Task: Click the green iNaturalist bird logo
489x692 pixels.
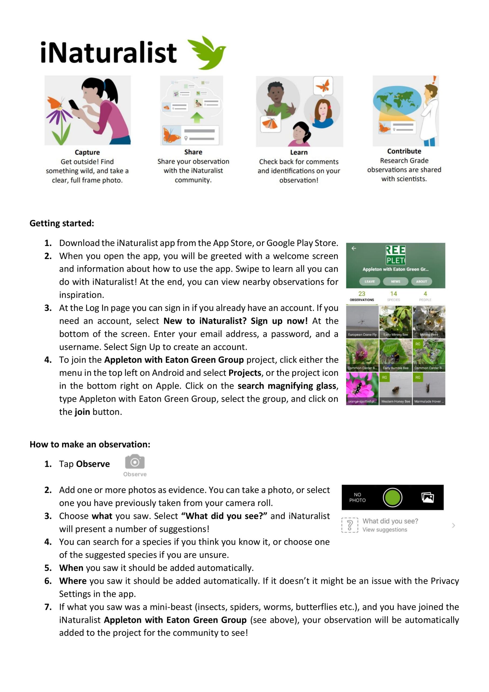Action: (207, 53)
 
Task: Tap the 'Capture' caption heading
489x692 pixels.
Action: (87, 152)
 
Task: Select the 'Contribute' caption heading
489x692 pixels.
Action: (404, 151)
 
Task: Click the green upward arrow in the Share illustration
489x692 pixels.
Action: (197, 117)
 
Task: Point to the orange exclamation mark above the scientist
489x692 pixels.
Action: (434, 80)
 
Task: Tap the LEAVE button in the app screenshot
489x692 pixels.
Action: (369, 281)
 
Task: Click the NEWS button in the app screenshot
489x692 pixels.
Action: (395, 281)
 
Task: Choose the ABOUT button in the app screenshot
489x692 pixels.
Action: (421, 281)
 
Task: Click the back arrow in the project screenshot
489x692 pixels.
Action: (354, 248)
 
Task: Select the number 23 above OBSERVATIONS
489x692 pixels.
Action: (362, 294)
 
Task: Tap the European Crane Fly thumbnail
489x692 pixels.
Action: (362, 322)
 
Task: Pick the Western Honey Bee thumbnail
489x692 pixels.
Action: (395, 389)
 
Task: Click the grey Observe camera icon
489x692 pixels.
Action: (135, 462)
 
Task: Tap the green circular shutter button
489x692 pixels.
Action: (392, 498)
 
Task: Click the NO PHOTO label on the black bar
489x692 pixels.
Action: (358, 498)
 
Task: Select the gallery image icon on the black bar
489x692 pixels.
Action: (428, 498)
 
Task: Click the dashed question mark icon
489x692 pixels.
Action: (350, 525)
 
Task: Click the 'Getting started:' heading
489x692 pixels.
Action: (62, 223)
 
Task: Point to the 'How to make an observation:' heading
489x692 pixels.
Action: (90, 444)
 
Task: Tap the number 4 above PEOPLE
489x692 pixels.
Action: (425, 294)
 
